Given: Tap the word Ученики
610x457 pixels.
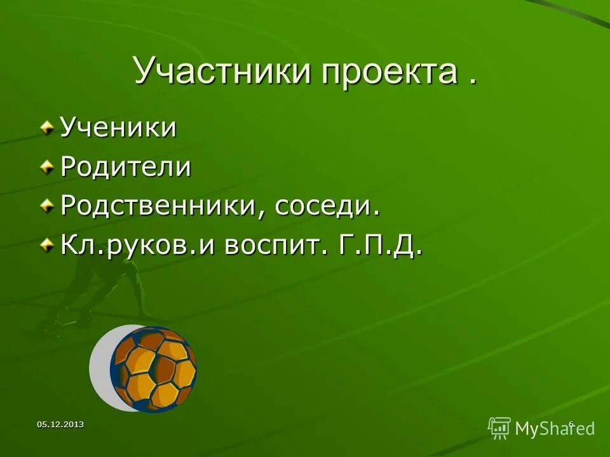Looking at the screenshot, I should (118, 128).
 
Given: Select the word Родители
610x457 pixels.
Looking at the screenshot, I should (125, 167).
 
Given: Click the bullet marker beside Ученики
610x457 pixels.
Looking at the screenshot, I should (47, 128).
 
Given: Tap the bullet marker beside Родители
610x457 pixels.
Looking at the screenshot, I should (47, 167).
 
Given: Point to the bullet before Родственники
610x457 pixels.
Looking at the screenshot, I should (47, 207).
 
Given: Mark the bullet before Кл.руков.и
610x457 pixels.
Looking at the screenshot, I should (47, 246).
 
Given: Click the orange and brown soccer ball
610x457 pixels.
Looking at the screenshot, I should (153, 368).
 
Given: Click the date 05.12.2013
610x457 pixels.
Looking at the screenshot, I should (60, 424).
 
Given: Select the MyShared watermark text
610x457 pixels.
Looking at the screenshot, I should (554, 428).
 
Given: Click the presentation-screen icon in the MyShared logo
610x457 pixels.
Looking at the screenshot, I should (499, 428).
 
